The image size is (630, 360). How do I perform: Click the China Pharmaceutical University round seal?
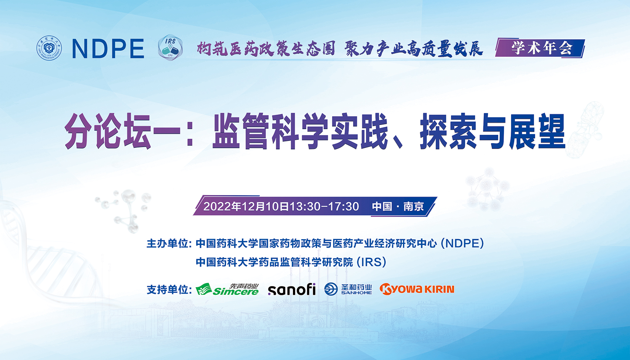coord(49,48)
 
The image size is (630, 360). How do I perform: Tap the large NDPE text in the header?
coord(108,49)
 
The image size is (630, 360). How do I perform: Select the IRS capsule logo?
coord(170,47)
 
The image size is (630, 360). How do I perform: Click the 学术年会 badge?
coord(540,48)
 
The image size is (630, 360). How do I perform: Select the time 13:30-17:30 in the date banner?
coord(324,206)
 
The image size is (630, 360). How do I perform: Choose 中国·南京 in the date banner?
coord(398,206)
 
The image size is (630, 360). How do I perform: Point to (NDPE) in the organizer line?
coord(462,243)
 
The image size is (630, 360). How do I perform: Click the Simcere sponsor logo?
coord(227,290)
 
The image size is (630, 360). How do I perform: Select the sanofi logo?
coord(292,290)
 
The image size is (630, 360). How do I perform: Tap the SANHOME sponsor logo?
coord(348,289)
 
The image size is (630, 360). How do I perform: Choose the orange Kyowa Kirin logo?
coord(417,289)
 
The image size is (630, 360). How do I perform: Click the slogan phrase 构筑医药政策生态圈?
coord(266,49)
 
